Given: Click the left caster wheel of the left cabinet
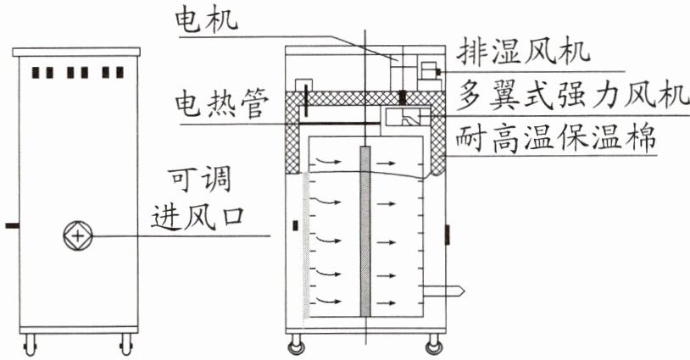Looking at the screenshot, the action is [32, 344].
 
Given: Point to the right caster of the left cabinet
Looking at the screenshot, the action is [127, 344].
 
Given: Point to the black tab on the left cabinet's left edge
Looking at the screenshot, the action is [9, 226].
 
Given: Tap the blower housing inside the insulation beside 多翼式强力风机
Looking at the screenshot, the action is [406, 116].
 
